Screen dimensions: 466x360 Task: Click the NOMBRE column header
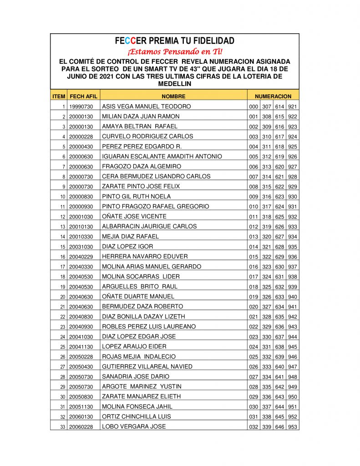(x=173, y=96)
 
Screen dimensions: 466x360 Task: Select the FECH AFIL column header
(x=83, y=96)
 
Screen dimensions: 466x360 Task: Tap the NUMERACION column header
(x=273, y=96)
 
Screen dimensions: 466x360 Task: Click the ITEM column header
(x=59, y=96)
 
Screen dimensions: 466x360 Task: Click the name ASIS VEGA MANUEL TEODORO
(x=146, y=106)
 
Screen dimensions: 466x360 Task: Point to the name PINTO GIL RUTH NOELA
(x=136, y=197)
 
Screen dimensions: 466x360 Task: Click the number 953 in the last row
(x=293, y=427)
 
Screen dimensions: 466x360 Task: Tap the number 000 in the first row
(x=254, y=106)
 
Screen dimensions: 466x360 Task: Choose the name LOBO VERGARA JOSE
(x=133, y=427)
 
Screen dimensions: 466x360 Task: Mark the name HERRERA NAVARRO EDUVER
(x=145, y=257)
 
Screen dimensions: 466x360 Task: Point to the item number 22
(x=63, y=317)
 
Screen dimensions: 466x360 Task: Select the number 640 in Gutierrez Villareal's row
(x=279, y=367)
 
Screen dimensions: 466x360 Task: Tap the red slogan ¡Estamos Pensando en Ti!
(x=175, y=51)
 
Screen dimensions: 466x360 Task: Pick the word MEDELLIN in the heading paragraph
(x=174, y=84)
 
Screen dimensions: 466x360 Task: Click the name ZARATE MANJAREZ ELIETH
(x=141, y=397)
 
